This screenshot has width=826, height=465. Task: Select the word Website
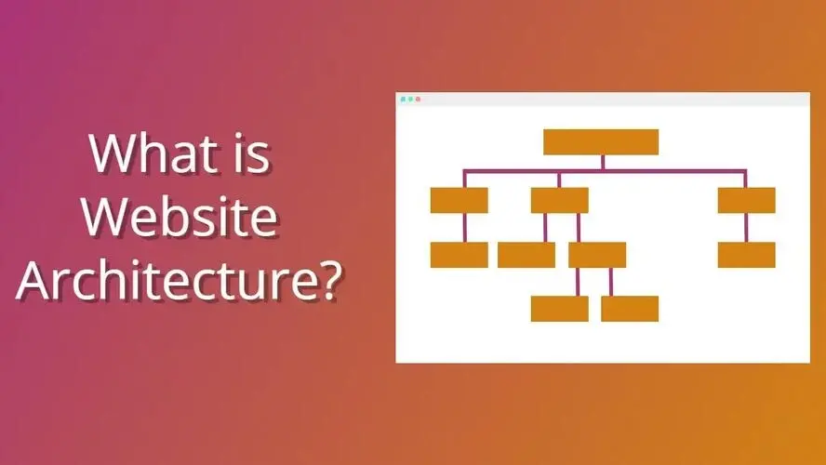[x=180, y=217]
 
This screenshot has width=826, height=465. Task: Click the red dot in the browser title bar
[x=418, y=99]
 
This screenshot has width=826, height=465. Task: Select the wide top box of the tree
[x=601, y=141]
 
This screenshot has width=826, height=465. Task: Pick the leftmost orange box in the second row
[x=459, y=200]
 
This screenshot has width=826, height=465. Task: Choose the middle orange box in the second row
[x=559, y=200]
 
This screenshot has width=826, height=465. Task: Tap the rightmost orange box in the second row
[x=746, y=200]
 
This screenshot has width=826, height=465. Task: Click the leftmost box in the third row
[x=459, y=255]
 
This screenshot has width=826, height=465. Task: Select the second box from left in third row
[x=526, y=255]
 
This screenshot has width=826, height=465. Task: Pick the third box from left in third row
[x=597, y=255]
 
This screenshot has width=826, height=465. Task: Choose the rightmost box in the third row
[x=746, y=255]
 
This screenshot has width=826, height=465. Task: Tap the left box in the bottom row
[x=559, y=309]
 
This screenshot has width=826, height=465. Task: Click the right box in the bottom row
[x=630, y=309]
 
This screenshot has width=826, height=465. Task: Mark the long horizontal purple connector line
[x=651, y=171]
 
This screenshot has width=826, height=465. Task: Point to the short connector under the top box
[x=602, y=163]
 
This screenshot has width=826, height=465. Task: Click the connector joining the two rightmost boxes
[x=746, y=228]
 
